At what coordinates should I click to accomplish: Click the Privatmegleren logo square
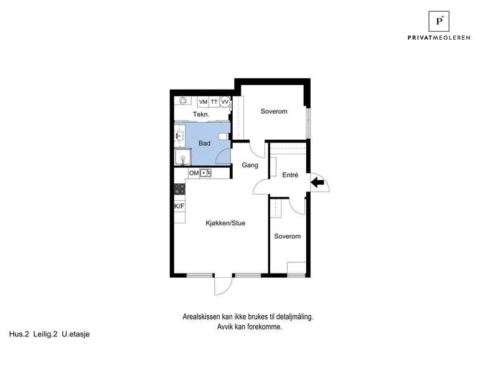[x=439, y=21]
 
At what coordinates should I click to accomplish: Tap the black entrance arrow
[x=317, y=182]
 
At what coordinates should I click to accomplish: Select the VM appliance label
[x=204, y=102]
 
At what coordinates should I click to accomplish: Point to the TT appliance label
[x=214, y=102]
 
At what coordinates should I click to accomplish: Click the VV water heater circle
[x=225, y=102]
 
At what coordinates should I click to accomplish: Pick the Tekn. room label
[x=201, y=114]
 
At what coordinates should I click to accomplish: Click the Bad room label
[x=205, y=144]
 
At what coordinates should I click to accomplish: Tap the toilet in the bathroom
[x=224, y=136]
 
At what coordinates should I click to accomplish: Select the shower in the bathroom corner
[x=182, y=157]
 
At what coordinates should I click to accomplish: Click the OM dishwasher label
[x=194, y=173]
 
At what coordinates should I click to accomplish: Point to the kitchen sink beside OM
[x=205, y=173]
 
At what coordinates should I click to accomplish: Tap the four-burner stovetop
[x=179, y=189]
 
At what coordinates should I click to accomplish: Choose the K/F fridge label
[x=179, y=206]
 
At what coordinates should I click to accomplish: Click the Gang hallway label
[x=250, y=165]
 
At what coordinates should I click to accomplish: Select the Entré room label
[x=290, y=175]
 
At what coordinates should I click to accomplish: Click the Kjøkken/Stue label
[x=225, y=223]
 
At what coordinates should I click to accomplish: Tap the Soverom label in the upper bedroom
[x=274, y=111]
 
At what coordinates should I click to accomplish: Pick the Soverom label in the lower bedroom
[x=288, y=236]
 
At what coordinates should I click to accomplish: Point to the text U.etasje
[x=75, y=334]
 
